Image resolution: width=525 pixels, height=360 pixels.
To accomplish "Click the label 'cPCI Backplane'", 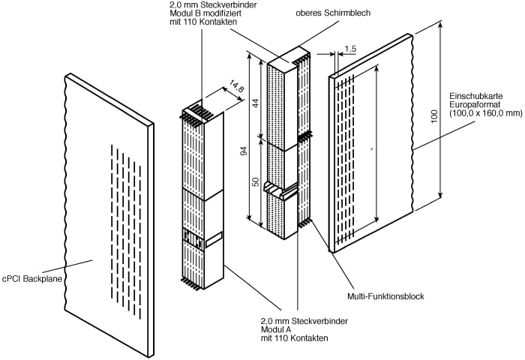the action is tap(32, 278).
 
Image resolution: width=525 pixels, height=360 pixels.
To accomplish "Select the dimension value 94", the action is tap(244, 151).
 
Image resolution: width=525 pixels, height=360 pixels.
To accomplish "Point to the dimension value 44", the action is tap(256, 103).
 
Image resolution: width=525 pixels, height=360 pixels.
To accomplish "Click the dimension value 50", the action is tap(256, 181).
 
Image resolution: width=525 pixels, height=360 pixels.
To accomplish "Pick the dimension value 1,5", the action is tap(350, 49).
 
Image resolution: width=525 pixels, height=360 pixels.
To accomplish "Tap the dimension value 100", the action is tap(434, 115).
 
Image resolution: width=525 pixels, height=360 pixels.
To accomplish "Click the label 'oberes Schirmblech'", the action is tap(333, 13).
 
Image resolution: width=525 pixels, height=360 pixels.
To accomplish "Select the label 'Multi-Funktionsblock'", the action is tap(385, 296).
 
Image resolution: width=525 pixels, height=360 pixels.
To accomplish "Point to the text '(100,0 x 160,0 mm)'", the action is tap(486, 113).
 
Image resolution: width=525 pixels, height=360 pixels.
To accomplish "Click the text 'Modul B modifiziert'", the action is tap(205, 13).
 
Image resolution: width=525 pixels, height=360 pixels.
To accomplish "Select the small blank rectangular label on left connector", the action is tap(214, 240).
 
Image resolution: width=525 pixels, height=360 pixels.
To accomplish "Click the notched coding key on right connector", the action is tap(280, 190).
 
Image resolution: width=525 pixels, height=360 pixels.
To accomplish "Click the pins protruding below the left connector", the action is tap(192, 283).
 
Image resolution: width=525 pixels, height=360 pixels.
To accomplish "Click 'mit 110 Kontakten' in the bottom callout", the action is tap(295, 338).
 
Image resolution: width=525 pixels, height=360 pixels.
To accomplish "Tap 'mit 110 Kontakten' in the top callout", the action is tap(203, 22).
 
